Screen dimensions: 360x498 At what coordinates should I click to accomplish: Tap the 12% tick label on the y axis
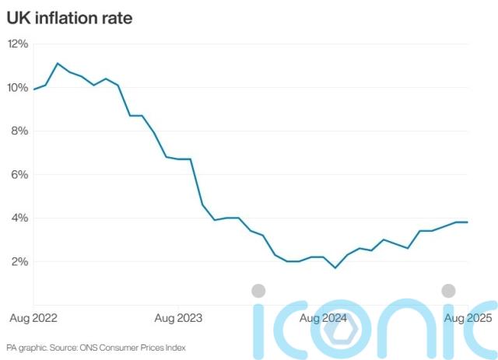pyautogui.click(x=18, y=44)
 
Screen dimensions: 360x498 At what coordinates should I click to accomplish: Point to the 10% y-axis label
pyautogui.click(x=18, y=88)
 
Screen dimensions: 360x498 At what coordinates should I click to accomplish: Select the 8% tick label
pyautogui.click(x=20, y=131)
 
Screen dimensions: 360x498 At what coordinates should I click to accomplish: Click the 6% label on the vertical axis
pyautogui.click(x=20, y=175)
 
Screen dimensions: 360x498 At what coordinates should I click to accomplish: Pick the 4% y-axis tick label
pyautogui.click(x=20, y=218)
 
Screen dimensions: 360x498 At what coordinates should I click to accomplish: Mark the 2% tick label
pyautogui.click(x=20, y=262)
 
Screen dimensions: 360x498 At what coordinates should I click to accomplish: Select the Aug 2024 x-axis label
pyautogui.click(x=322, y=318)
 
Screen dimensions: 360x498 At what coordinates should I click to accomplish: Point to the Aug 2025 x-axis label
pyautogui.click(x=465, y=318)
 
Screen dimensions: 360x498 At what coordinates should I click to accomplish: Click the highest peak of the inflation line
pyautogui.click(x=58, y=64)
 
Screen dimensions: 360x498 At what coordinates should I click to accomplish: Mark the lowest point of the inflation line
pyautogui.click(x=335, y=268)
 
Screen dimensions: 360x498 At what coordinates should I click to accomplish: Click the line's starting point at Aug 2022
pyautogui.click(x=33, y=89)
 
